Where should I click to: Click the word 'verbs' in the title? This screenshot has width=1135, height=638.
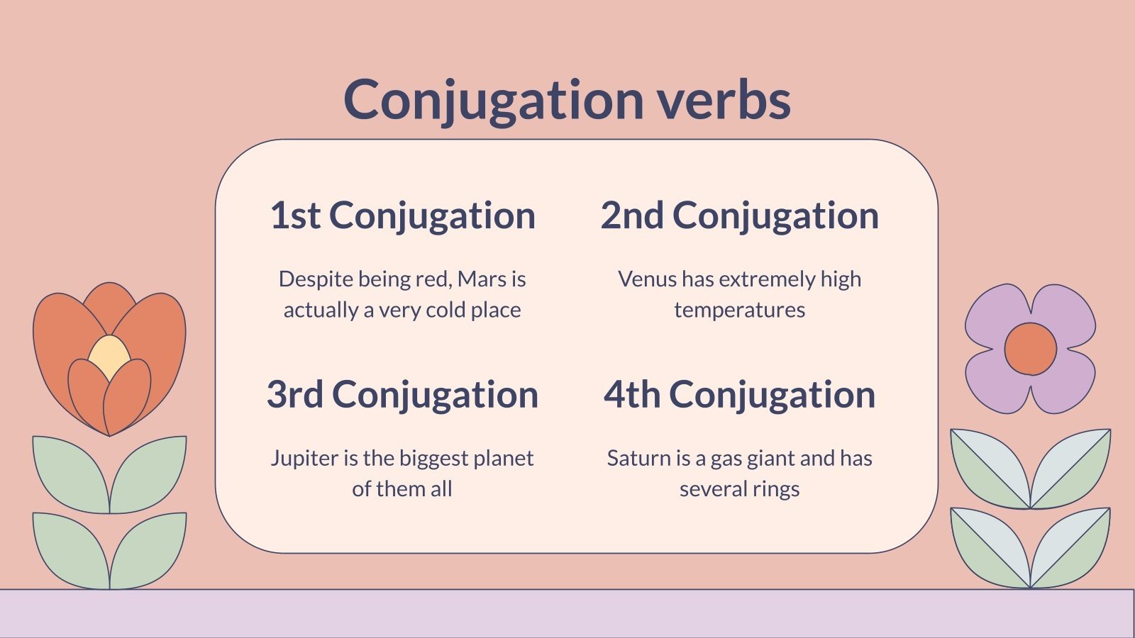(724, 99)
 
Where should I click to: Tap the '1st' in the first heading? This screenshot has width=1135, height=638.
(295, 216)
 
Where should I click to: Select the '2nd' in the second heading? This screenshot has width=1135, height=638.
(632, 216)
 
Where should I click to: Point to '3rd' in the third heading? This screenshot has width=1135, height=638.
(295, 394)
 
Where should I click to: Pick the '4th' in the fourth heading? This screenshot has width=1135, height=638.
(632, 394)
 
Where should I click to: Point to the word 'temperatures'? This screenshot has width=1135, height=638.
(739, 310)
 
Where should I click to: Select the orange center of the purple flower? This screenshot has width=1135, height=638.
(1031, 349)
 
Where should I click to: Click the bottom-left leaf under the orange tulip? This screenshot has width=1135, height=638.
(71, 550)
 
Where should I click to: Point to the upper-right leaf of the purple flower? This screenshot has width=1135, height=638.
(1070, 469)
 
